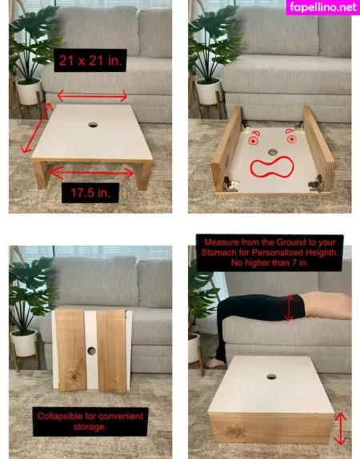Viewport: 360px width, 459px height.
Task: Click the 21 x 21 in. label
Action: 90,60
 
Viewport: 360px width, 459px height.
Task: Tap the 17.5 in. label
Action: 90,193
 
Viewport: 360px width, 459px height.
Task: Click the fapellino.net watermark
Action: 323,7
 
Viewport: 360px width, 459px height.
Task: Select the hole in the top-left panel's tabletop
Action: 93,125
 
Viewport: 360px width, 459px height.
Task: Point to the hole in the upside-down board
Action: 273,152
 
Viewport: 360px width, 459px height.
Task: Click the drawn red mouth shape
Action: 272,167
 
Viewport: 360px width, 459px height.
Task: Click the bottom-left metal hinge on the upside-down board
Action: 231,184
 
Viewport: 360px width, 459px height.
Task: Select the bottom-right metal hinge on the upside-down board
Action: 316,182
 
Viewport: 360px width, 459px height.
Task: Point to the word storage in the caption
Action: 90,427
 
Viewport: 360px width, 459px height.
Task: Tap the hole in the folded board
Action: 91,350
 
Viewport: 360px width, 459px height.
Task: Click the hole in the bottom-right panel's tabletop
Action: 271,377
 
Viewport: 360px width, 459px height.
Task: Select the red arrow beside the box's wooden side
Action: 341,429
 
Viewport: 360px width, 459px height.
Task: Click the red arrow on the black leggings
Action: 289,308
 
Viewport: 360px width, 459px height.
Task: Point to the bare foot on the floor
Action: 215,363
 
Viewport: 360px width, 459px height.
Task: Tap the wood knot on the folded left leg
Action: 74,377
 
